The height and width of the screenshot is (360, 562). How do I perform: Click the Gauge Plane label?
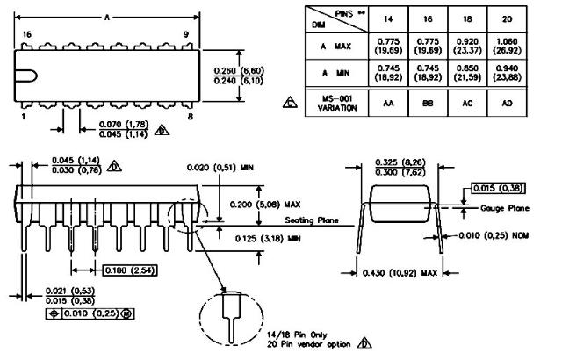pos(506,208)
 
